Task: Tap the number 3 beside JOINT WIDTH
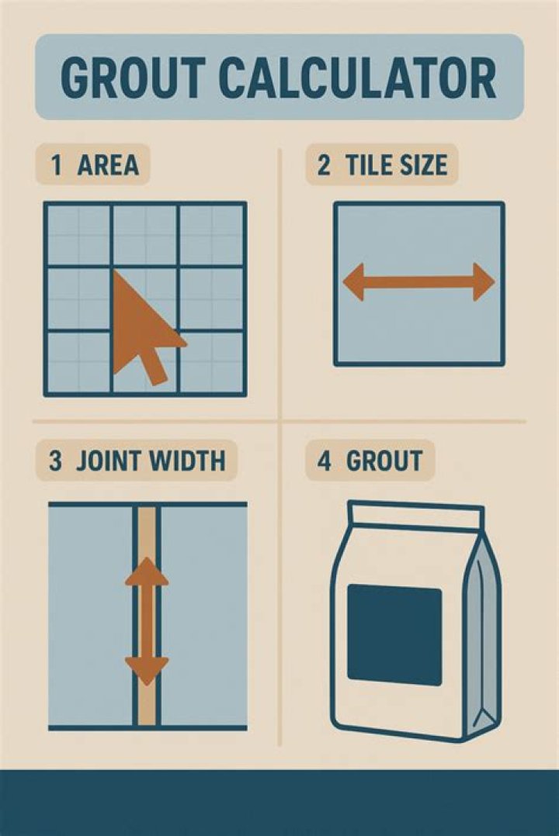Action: [x=55, y=461]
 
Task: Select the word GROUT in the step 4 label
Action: [x=384, y=461]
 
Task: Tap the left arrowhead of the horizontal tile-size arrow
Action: [x=354, y=282]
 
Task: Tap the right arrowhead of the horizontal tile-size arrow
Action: [x=484, y=282]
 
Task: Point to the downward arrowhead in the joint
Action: [x=147, y=667]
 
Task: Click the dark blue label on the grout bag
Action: [x=394, y=634]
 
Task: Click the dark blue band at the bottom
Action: [x=279, y=802]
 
